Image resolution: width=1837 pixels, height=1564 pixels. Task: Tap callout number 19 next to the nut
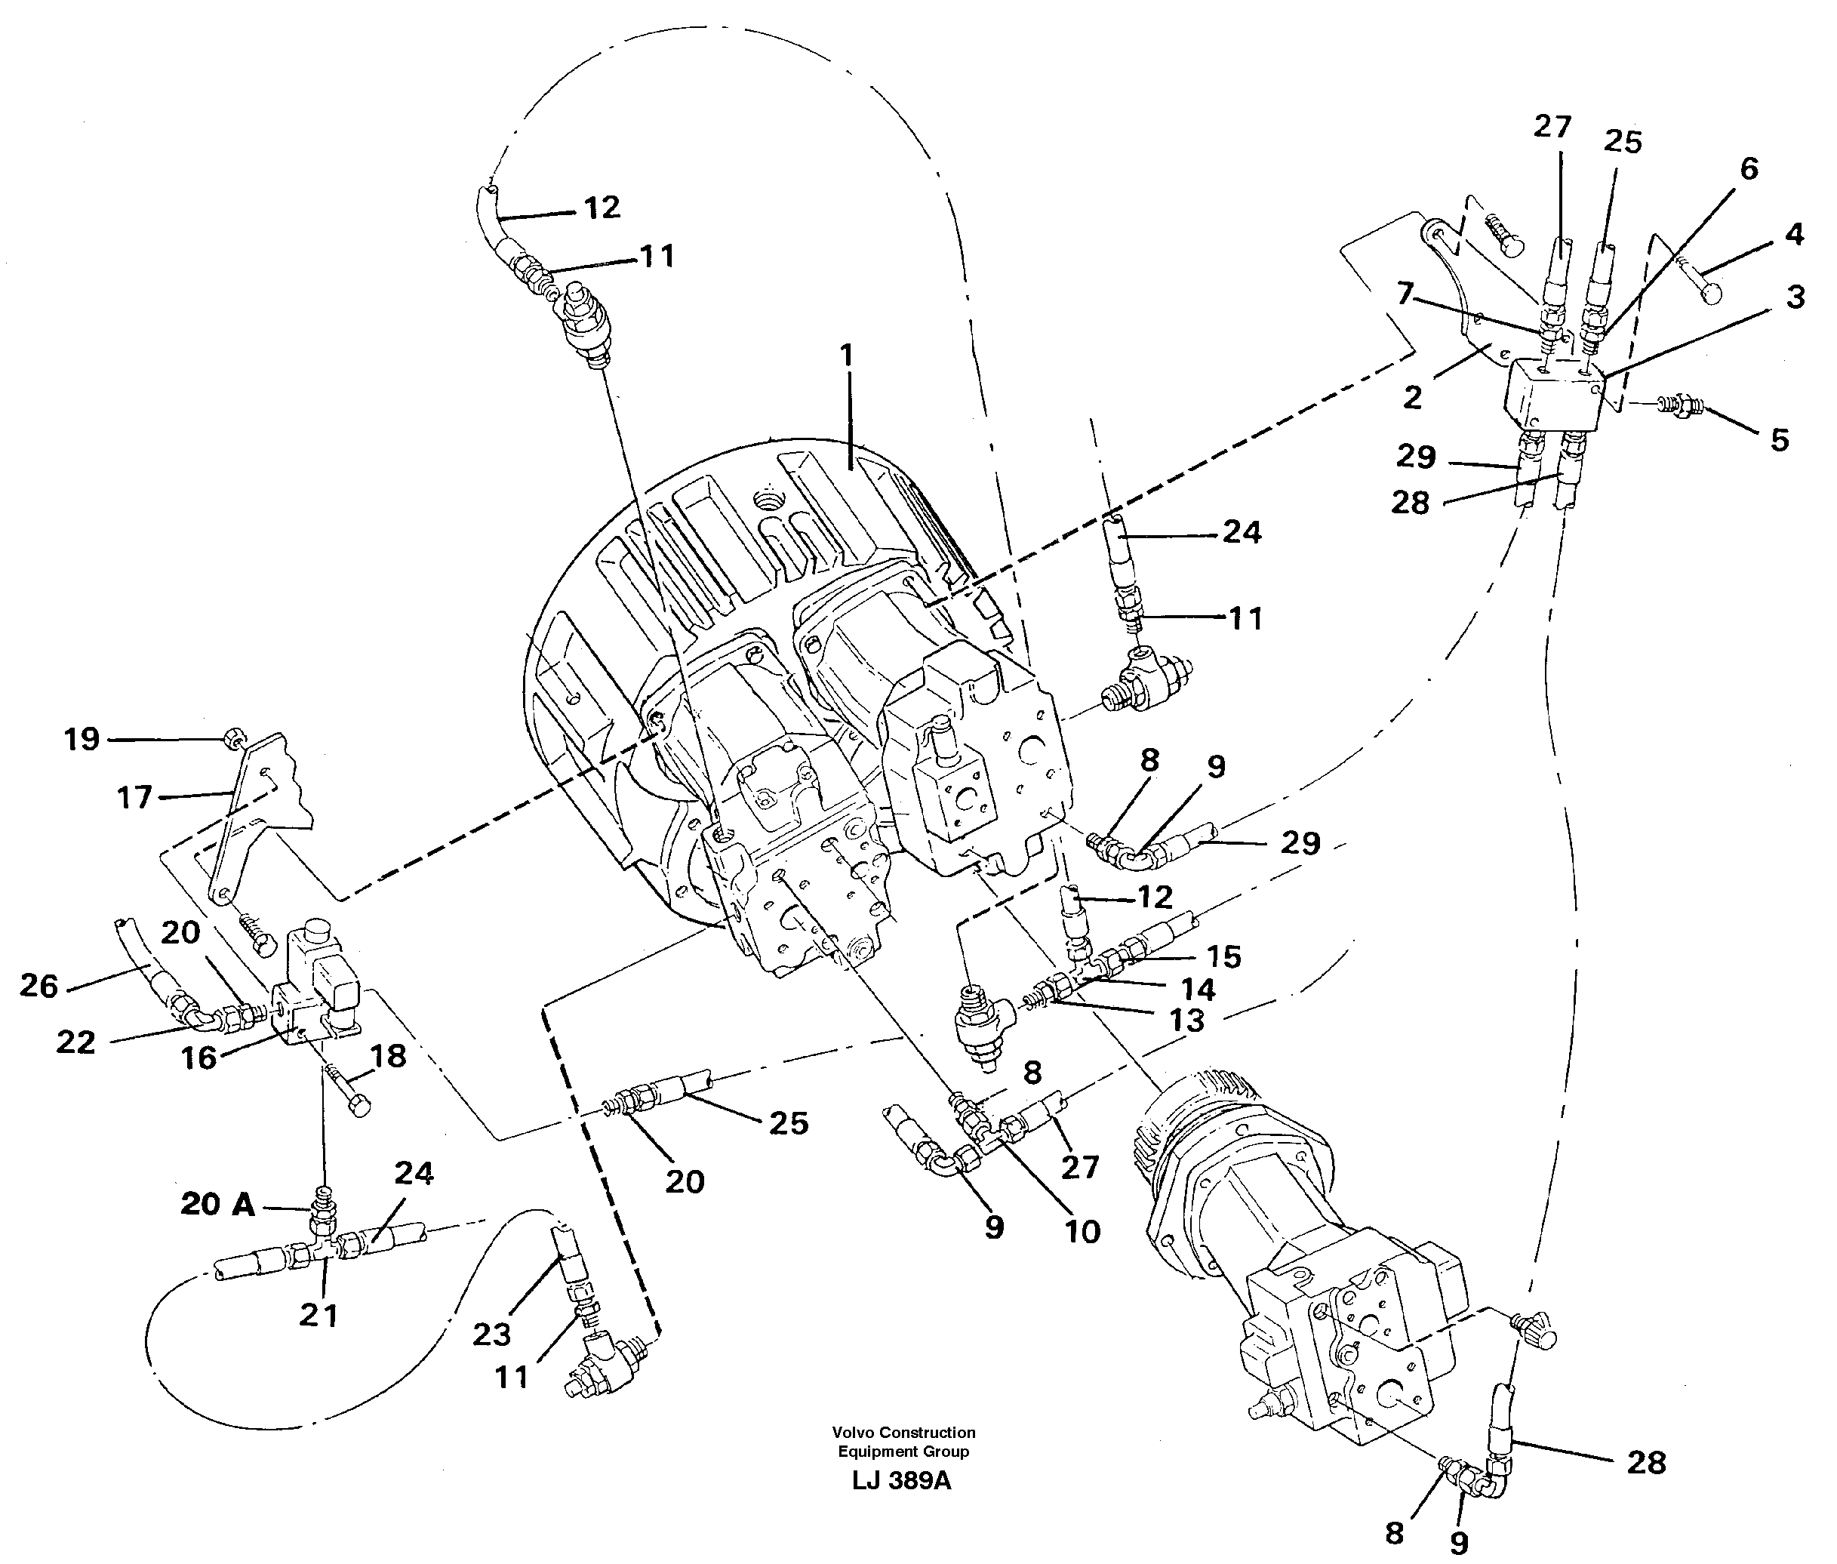point(82,740)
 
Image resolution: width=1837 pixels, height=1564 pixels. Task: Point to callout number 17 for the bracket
point(135,798)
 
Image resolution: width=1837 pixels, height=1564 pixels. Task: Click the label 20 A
point(217,1203)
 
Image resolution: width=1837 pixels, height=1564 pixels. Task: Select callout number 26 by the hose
point(39,986)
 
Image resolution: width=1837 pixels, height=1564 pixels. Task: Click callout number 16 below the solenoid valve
point(199,1057)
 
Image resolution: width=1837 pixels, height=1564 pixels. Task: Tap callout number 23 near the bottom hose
point(491,1334)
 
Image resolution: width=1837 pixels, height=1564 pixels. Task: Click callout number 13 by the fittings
point(1187,1021)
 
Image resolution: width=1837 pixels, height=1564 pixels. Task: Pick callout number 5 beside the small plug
point(1780,440)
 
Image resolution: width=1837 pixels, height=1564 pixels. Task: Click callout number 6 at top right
point(1749,168)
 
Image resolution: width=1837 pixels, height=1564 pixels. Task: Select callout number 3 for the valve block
point(1795,297)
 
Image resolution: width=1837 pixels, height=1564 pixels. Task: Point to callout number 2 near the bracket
point(1412,397)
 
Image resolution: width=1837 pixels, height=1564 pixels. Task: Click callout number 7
point(1405,293)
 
